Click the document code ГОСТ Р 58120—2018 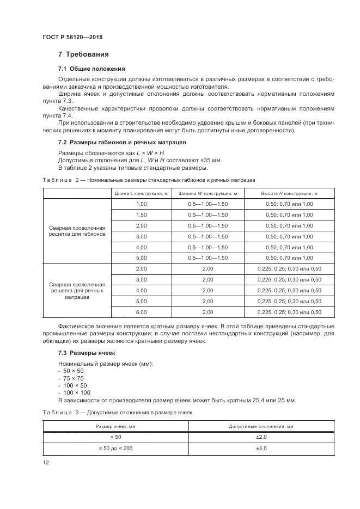click(72, 37)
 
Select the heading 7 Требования click(83, 54)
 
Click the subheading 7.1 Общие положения click(91, 69)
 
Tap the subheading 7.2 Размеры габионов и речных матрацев click(122, 142)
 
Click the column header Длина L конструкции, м click(141, 193)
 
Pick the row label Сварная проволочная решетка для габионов click(77, 230)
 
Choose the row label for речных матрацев click(77, 291)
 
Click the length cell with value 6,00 click(141, 312)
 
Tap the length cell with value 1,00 click(141, 204)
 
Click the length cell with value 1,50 click(141, 214)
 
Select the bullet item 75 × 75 click(74, 378)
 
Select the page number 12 click(46, 463)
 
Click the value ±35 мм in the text click(210, 160)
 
